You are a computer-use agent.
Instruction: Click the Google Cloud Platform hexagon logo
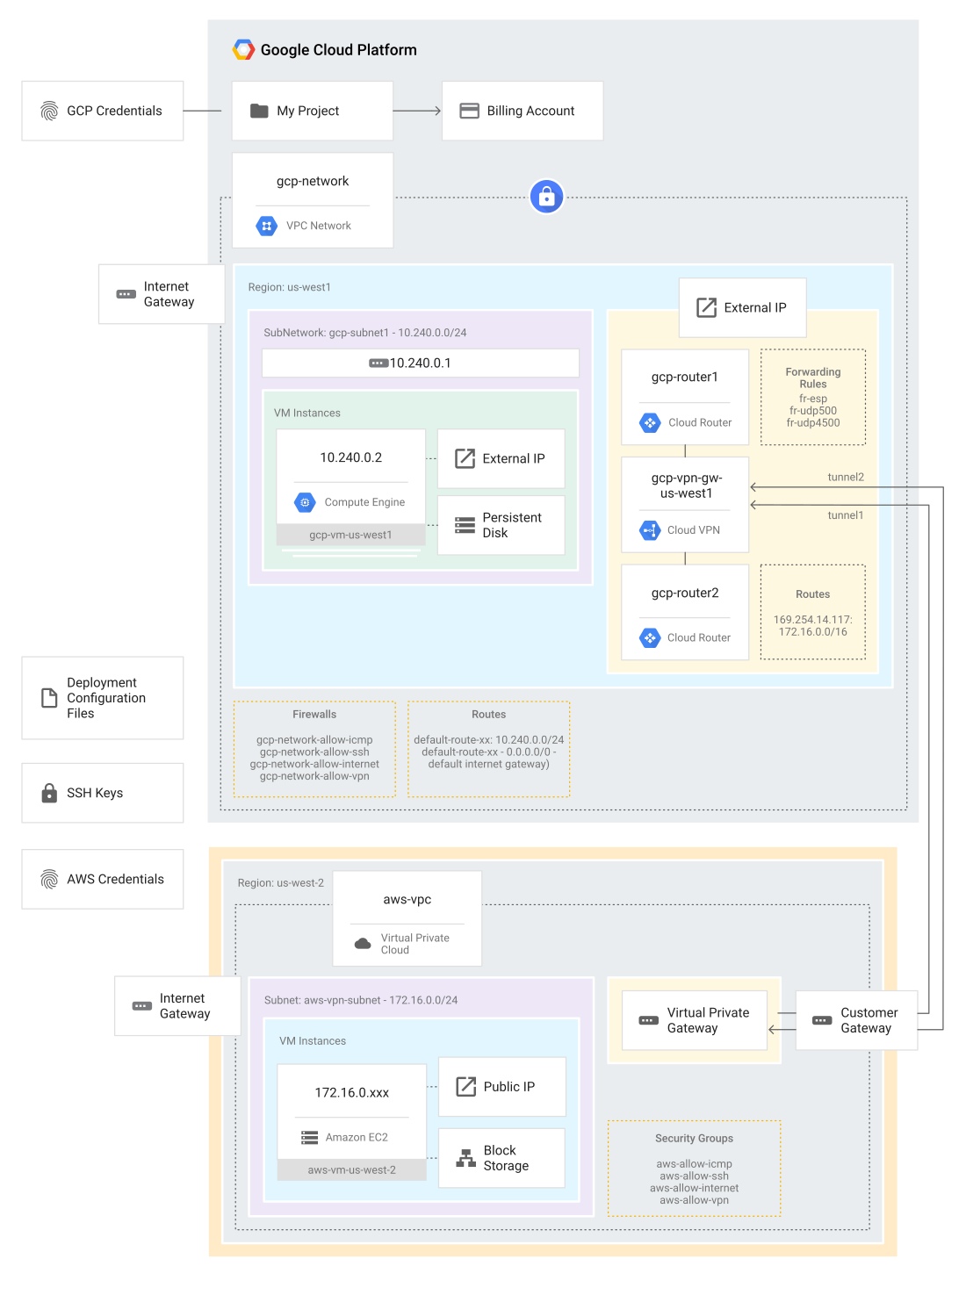coord(243,50)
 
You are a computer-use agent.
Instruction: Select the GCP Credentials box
coord(103,111)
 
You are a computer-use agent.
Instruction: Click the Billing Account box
coord(523,111)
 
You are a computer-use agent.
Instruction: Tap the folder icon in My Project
coord(259,111)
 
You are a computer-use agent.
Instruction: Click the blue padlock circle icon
coord(546,197)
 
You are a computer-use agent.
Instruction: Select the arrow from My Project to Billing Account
coord(416,111)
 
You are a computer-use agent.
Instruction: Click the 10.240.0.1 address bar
coord(421,363)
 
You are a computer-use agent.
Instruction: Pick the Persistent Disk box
coord(501,525)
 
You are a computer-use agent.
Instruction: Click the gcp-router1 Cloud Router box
coord(685,397)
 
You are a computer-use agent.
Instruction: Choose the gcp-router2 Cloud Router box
coord(685,612)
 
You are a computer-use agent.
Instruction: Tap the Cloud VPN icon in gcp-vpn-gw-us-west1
coord(650,530)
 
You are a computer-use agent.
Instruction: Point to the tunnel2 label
coord(846,477)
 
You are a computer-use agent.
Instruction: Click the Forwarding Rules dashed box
coord(813,398)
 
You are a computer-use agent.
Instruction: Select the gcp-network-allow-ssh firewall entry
coord(314,752)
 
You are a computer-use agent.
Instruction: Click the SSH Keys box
coord(103,793)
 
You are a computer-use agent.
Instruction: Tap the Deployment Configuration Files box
coord(103,698)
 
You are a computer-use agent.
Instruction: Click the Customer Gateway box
coord(857,1020)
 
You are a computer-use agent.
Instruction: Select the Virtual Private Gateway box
coord(695,1020)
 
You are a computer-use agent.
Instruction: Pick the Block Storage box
coord(501,1158)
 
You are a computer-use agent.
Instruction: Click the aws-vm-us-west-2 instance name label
coord(351,1170)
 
